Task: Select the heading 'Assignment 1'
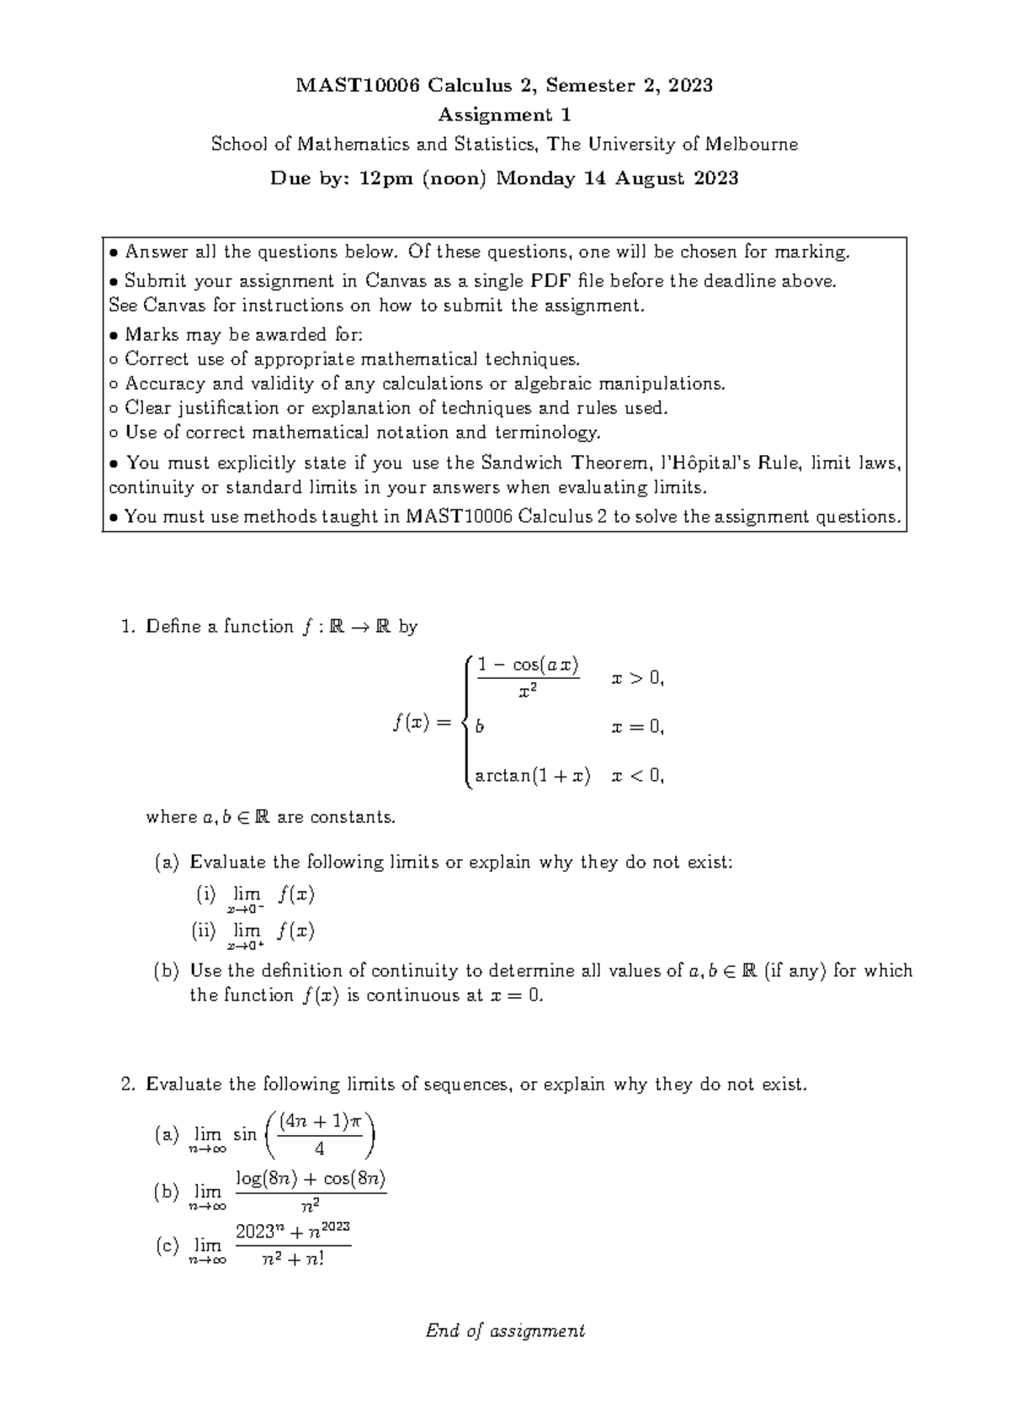click(504, 114)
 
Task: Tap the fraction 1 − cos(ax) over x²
click(528, 678)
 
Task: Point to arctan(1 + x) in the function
click(533, 776)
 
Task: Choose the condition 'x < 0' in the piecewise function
click(638, 776)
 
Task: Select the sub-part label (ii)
click(205, 931)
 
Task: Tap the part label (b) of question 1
click(166, 971)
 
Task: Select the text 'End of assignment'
click(505, 1331)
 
